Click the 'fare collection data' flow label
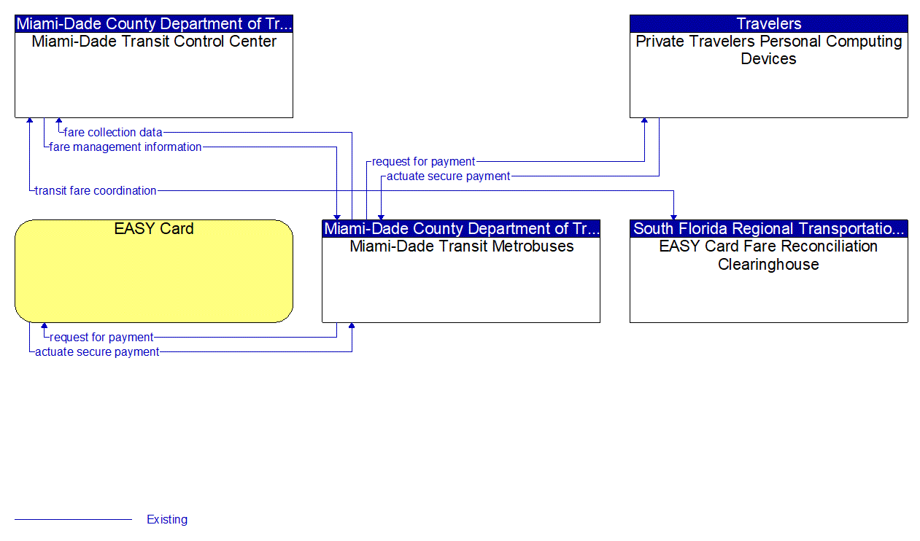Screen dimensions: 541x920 coord(113,133)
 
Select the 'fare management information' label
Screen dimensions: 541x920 coord(125,147)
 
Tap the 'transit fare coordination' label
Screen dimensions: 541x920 coord(96,191)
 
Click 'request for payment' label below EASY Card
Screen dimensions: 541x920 coord(101,338)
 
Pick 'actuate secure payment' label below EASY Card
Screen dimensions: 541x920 coord(97,352)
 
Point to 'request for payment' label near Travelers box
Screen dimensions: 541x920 coord(423,162)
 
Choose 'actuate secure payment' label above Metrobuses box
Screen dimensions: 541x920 coord(448,176)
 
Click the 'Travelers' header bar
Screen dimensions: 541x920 coord(768,24)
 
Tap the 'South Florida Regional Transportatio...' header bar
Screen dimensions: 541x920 coord(768,229)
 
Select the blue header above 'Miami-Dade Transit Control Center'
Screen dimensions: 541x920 coord(154,24)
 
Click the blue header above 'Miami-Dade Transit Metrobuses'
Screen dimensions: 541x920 coord(461,229)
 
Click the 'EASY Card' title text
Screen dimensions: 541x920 coord(154,229)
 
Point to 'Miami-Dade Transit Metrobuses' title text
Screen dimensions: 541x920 coord(461,246)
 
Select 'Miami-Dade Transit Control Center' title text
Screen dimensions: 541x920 coord(154,42)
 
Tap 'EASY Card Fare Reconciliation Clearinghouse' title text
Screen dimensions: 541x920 coord(768,255)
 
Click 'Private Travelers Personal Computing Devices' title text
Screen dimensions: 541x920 coord(768,50)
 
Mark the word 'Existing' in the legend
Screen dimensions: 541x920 coord(167,520)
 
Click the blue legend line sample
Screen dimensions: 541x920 coord(73,520)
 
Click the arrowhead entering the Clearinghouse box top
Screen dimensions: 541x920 coord(673,216)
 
